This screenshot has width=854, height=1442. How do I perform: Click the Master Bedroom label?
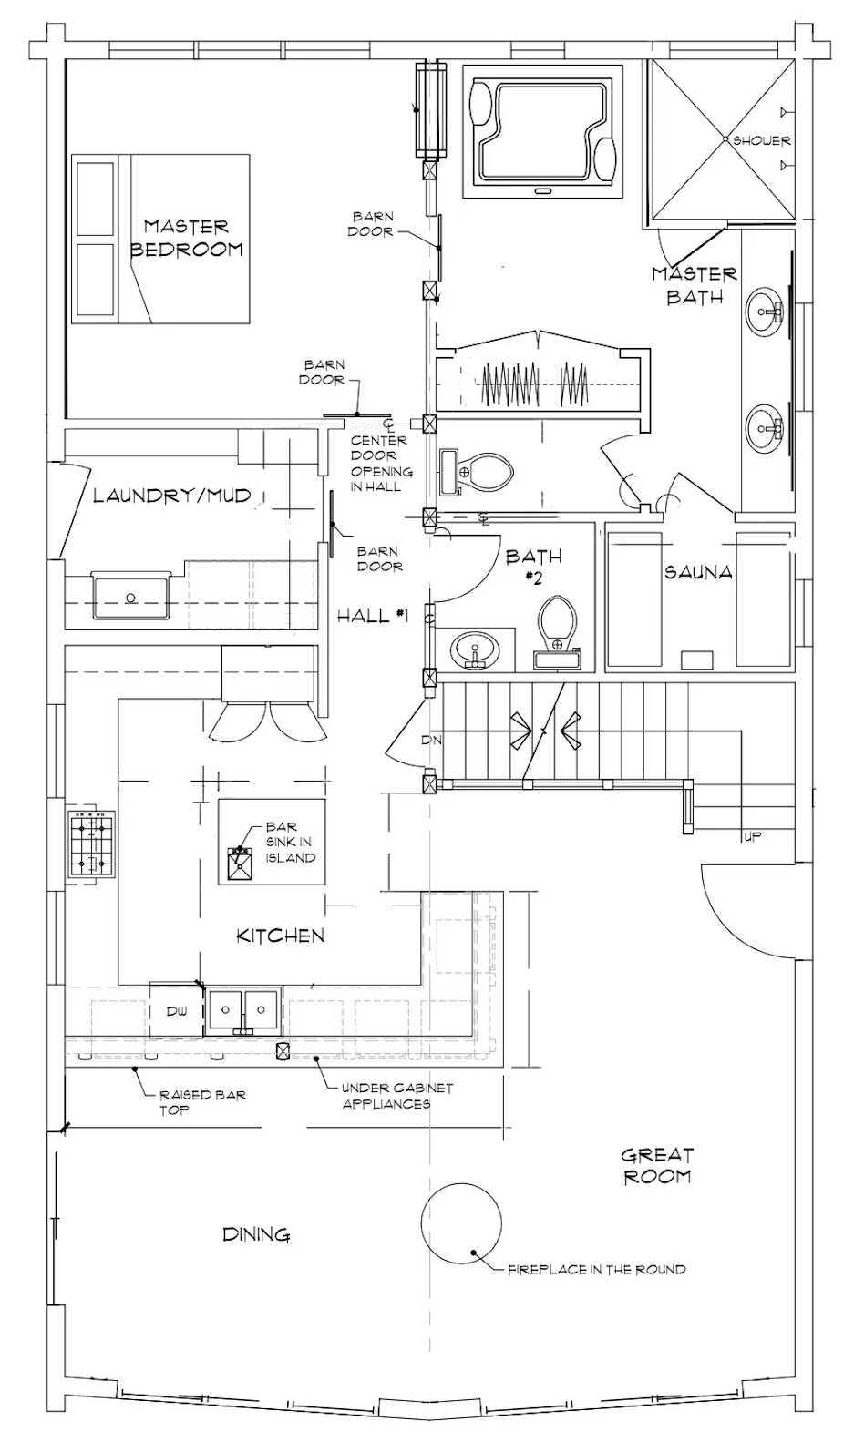(186, 238)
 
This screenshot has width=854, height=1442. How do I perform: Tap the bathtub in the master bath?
(542, 130)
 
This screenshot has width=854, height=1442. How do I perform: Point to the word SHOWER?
(761, 140)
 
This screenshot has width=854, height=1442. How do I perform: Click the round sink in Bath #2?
(475, 649)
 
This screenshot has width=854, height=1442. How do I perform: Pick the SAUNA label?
(698, 572)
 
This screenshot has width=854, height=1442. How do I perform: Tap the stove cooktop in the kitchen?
(91, 844)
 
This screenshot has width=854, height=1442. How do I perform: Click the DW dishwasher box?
(177, 1010)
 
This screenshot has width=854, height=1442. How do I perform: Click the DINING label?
(256, 1234)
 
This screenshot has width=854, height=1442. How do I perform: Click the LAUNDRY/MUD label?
(172, 495)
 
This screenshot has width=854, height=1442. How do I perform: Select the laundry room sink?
(130, 595)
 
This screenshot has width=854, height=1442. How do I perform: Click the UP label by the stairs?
(752, 837)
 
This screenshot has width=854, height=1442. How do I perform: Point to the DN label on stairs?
(431, 741)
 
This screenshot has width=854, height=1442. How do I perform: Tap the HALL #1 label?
(373, 616)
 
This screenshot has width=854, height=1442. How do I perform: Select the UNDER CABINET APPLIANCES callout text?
(396, 1096)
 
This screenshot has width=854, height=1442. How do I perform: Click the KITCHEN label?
(280, 936)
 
